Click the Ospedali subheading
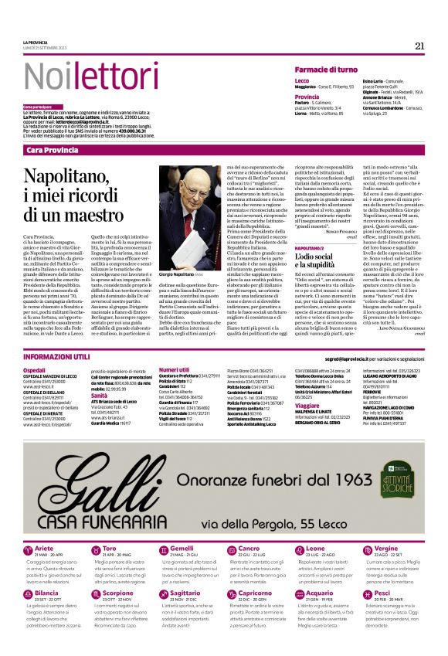[35, 370]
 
